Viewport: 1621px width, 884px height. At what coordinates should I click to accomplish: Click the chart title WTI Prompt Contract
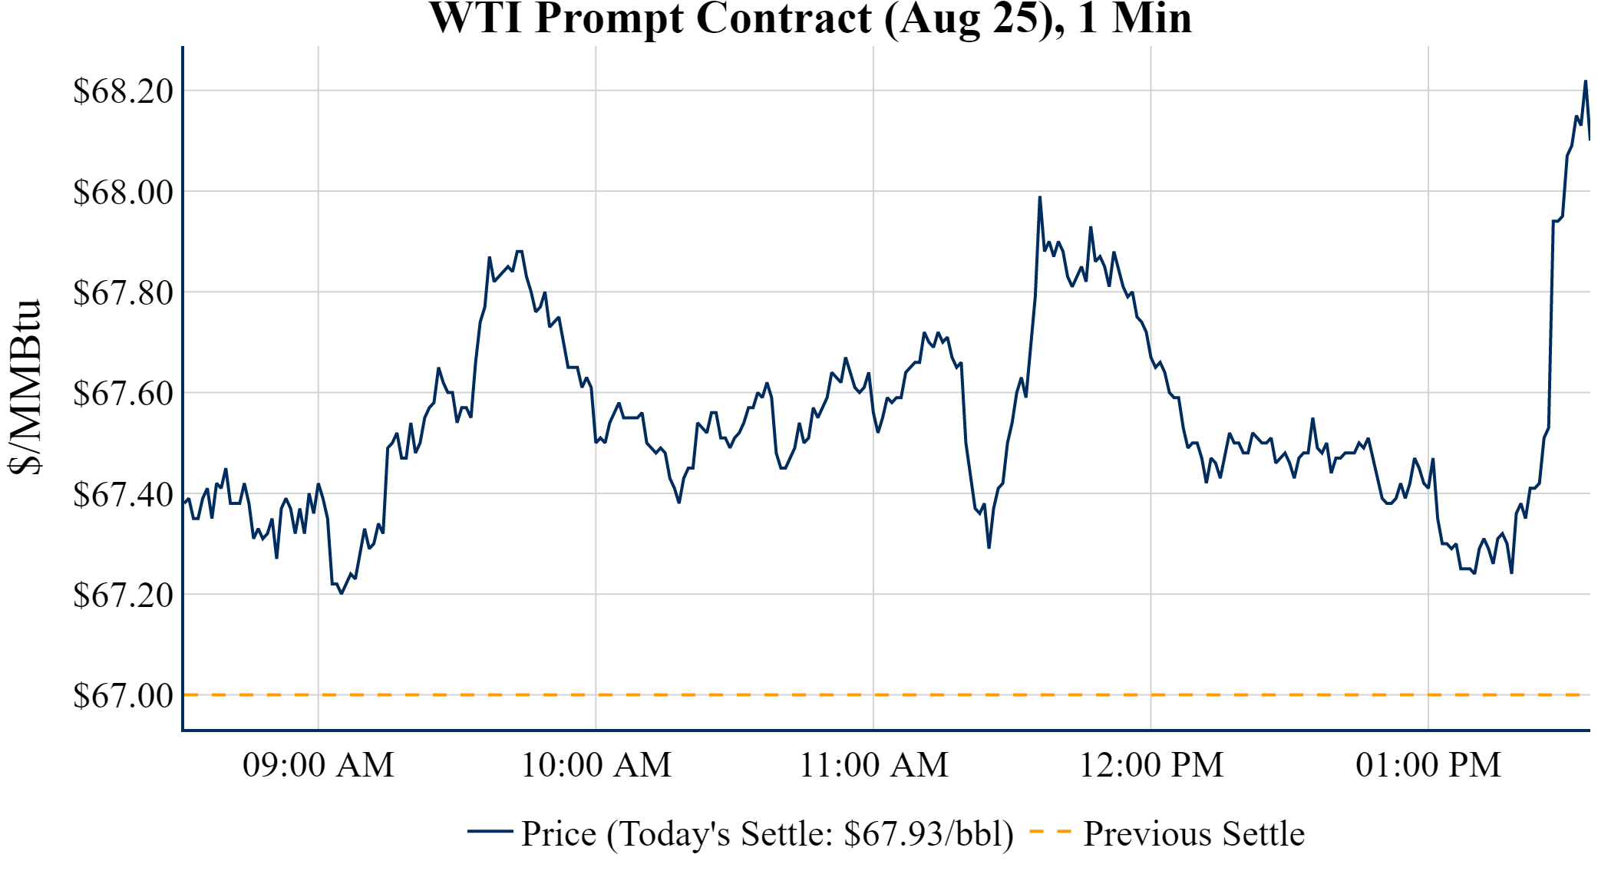coord(810,18)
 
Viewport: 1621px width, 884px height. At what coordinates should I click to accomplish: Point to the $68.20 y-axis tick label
coord(124,91)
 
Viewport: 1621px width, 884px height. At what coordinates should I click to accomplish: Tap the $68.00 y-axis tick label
coord(124,192)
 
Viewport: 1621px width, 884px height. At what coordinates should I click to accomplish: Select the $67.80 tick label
coord(124,292)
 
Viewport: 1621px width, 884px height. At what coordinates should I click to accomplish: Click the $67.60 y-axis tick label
coord(124,393)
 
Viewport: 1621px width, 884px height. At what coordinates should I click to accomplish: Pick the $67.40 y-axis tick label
coord(124,494)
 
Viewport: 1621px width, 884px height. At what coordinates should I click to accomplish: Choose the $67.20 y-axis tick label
coord(124,595)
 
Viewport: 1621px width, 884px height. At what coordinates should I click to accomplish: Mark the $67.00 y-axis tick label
coord(124,695)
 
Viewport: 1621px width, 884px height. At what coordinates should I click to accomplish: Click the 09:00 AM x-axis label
coord(319,765)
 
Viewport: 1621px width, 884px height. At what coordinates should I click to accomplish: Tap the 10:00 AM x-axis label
coord(596,765)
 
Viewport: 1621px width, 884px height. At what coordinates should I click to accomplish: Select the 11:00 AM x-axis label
coord(874,765)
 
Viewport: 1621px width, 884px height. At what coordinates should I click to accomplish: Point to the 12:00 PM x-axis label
coord(1151,765)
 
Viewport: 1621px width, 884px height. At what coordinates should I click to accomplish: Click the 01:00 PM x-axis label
coord(1428,765)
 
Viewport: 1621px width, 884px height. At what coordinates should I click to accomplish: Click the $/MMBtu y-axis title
coord(25,388)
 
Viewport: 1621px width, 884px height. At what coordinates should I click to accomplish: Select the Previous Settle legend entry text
coord(1193,833)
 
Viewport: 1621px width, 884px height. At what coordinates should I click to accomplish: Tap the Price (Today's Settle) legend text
coord(768,833)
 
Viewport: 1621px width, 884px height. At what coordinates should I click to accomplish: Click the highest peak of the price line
coord(1585,81)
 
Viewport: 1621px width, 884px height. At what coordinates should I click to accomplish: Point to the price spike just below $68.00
coord(1040,197)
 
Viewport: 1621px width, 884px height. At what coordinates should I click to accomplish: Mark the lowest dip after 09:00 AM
coord(342,593)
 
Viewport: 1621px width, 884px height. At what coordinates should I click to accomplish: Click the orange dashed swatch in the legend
coord(1049,832)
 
